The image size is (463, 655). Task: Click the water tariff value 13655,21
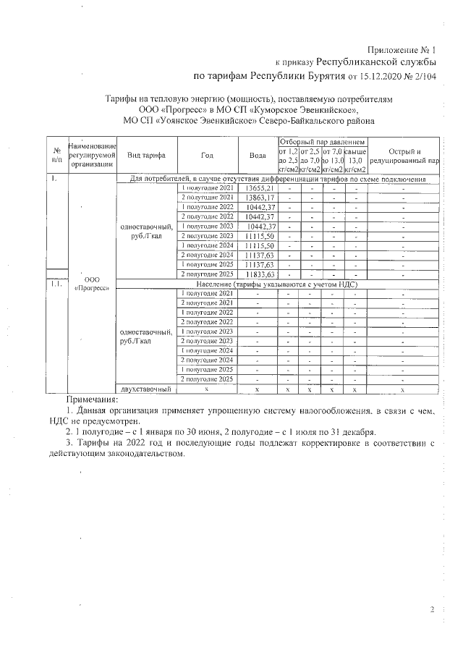point(260,188)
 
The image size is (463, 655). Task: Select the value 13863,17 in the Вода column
point(260,198)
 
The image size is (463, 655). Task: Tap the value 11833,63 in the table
point(260,275)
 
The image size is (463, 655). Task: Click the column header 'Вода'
point(258,155)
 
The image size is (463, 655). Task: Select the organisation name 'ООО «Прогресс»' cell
point(92,283)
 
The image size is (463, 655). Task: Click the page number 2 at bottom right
point(432,610)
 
